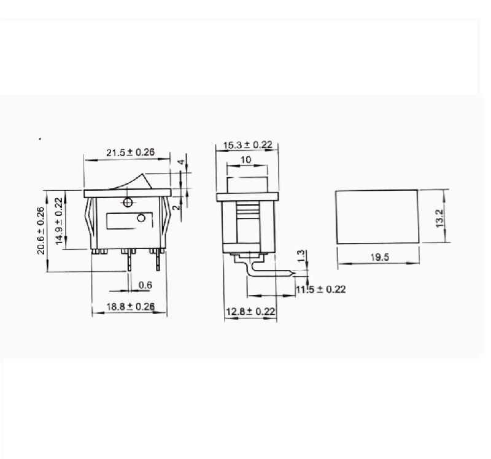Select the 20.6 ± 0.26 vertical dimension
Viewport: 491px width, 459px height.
41,230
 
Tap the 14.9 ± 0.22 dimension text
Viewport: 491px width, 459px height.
59,221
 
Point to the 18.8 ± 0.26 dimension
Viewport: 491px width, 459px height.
130,306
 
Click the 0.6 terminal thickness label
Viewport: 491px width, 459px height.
145,285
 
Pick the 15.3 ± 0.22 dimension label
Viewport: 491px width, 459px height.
247,145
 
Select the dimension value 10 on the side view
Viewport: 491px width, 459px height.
245,160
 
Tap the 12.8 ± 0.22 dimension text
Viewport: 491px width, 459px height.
250,312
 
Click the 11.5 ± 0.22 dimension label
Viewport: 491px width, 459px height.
320,289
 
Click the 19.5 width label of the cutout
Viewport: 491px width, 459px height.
379,258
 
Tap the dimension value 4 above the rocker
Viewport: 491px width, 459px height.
181,163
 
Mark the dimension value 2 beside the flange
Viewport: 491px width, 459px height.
177,207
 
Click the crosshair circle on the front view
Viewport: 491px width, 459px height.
127,202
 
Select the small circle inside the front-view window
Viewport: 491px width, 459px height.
141,218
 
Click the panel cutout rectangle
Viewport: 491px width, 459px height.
376,216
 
